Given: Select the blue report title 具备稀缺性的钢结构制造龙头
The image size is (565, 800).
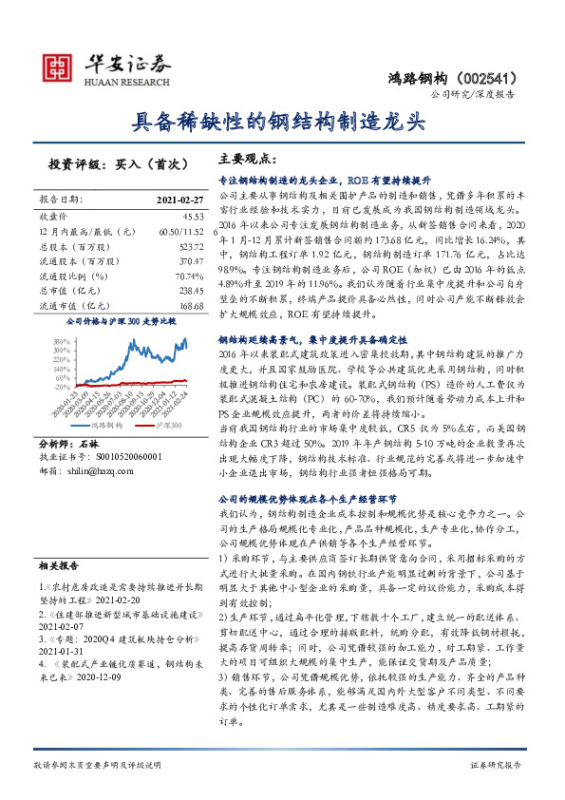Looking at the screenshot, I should point(282,122).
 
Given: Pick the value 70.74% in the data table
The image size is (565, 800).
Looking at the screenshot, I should point(177,276).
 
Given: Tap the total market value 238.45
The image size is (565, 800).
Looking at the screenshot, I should point(177,291).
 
